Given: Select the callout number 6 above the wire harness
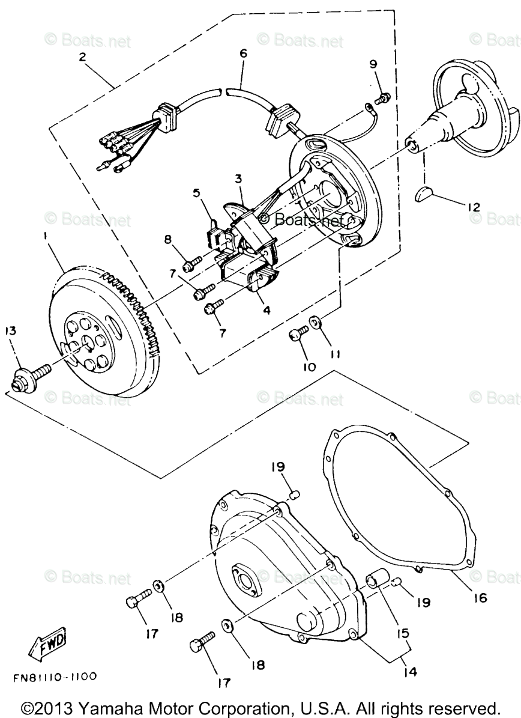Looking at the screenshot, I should (x=243, y=53).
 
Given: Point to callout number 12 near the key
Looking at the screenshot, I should (x=474, y=207).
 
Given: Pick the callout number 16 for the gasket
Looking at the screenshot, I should (x=479, y=598).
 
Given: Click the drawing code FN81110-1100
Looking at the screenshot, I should (x=55, y=677).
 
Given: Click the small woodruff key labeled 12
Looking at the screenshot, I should (x=425, y=193).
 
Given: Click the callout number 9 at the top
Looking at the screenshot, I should (x=372, y=64).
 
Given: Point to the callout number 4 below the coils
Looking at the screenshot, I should (x=265, y=311).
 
